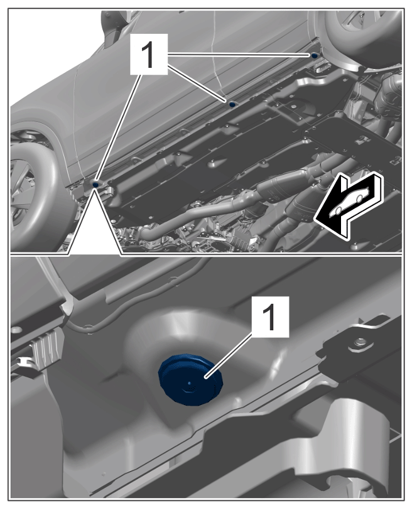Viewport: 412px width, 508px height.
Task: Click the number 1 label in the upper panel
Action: (x=149, y=55)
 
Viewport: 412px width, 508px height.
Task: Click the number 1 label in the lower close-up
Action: (x=269, y=317)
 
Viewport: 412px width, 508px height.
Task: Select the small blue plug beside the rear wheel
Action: (x=314, y=56)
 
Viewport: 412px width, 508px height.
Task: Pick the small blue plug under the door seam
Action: (x=232, y=104)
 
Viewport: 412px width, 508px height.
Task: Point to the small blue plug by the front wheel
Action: (x=95, y=185)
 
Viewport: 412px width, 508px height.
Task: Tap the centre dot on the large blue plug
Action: (x=190, y=383)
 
